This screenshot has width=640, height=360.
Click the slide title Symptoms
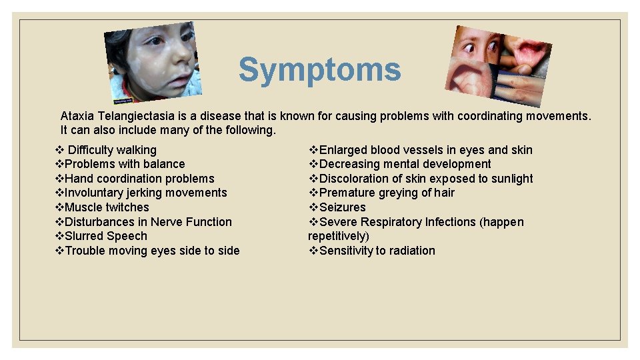[x=320, y=70]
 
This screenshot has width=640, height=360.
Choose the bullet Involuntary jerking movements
[x=145, y=193]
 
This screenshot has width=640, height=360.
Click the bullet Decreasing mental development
[x=405, y=164]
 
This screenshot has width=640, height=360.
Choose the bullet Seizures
[x=342, y=207]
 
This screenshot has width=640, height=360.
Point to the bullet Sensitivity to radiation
[x=377, y=251]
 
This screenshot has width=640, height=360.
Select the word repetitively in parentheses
[x=337, y=236]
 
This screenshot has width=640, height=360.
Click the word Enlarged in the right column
[x=343, y=150]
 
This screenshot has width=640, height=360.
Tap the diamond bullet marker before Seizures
[x=313, y=207]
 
